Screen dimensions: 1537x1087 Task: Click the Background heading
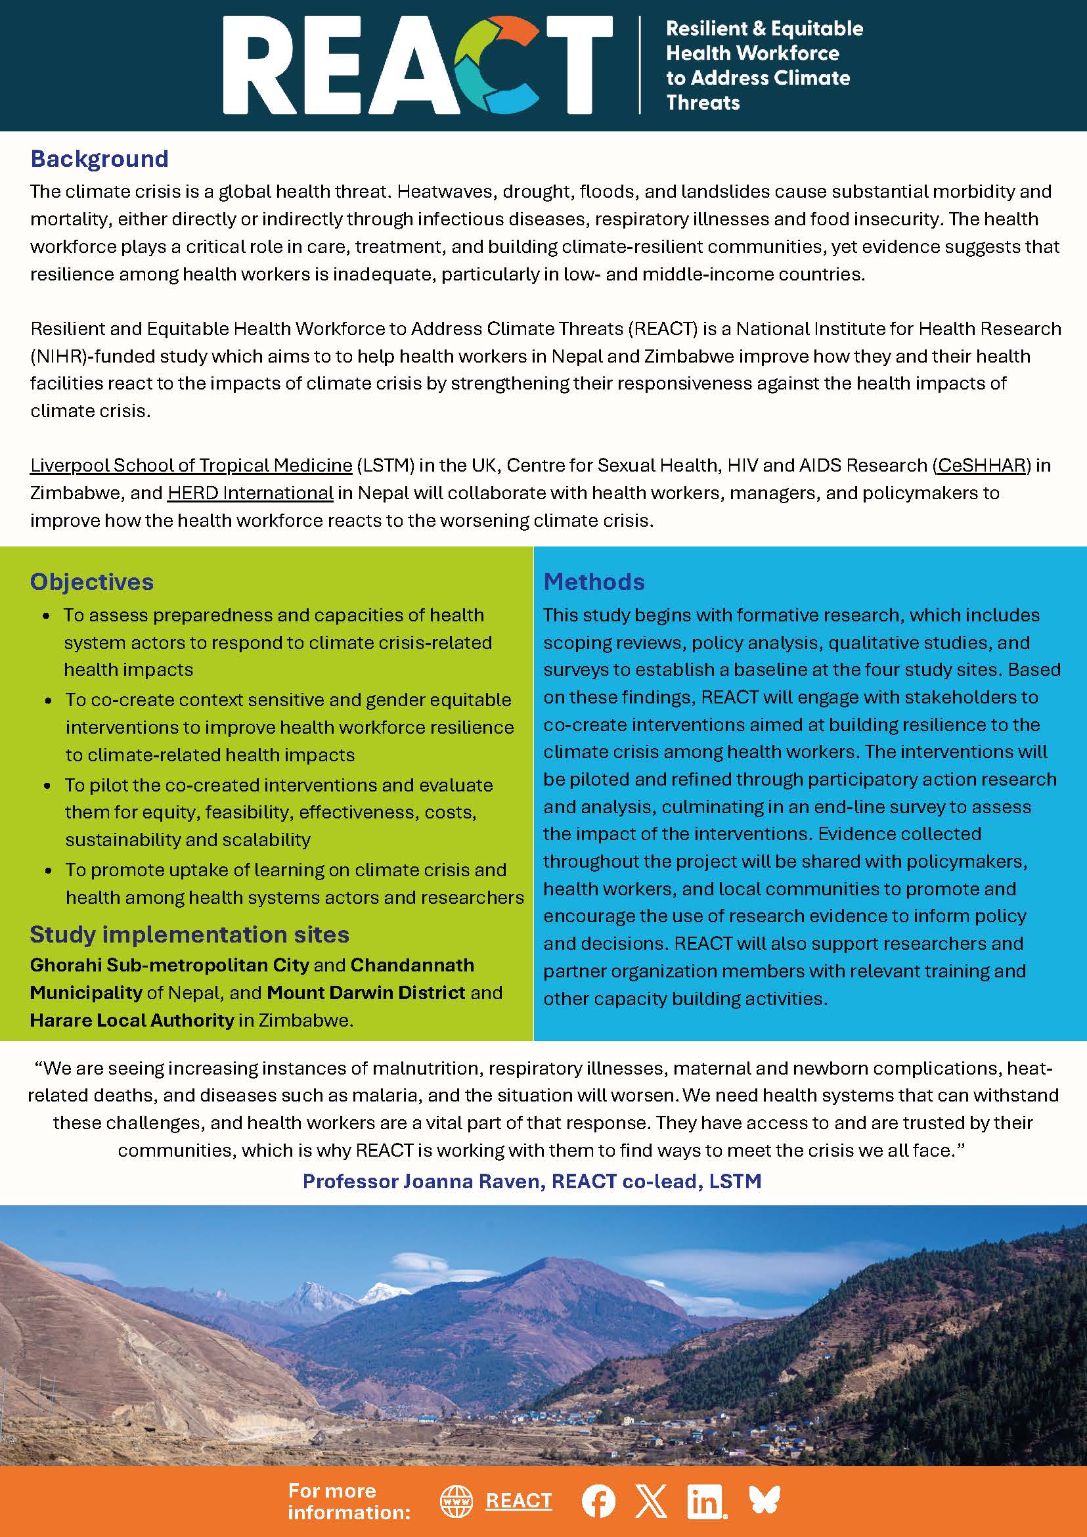(99, 159)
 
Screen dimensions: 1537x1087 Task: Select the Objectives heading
(92, 582)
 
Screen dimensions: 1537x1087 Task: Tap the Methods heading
(594, 582)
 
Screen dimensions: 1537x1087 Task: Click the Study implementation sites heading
(189, 934)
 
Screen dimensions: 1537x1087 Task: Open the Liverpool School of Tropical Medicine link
(190, 465)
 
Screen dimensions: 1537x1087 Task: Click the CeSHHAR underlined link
(982, 465)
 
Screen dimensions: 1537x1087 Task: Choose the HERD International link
(250, 493)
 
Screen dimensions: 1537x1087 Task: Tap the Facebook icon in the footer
(598, 1500)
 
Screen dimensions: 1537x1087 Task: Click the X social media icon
(651, 1500)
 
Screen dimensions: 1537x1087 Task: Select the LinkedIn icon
(705, 1500)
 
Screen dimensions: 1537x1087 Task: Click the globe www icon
(456, 1500)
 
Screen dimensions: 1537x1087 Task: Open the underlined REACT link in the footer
(519, 1501)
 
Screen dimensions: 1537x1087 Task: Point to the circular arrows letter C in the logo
(496, 65)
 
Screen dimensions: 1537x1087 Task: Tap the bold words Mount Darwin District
(365, 992)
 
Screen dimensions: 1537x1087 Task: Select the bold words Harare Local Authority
(132, 1019)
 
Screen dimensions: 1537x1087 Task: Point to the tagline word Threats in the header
(703, 102)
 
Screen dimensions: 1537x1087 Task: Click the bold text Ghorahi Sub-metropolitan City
(169, 965)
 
